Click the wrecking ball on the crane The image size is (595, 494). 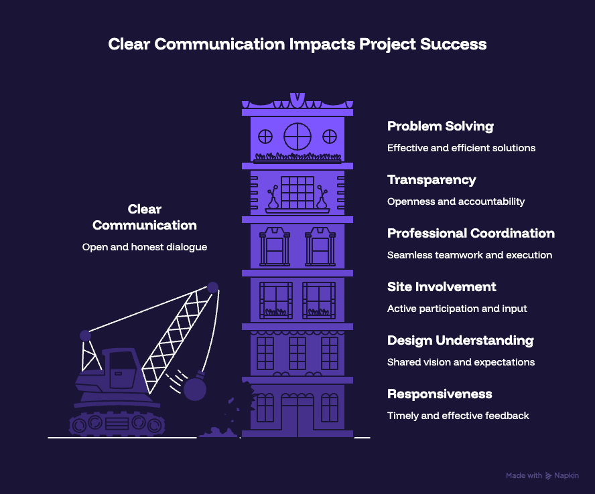pos(195,388)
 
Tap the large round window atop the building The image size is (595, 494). pos(297,137)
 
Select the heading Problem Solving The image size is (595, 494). pos(440,127)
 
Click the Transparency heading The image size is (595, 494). pos(432,179)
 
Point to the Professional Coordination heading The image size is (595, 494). pos(471,233)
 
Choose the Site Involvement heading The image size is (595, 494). pos(442,286)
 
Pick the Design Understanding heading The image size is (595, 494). pos(460,341)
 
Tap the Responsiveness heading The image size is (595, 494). pos(440,394)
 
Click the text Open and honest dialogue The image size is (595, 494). pos(145,247)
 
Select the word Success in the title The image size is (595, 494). pos(453,44)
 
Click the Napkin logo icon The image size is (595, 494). pos(548,476)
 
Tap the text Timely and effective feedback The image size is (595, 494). pos(458,416)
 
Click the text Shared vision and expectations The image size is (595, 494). pos(461,362)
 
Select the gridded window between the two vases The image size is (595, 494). pos(297,192)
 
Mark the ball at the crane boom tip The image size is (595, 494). pos(213,287)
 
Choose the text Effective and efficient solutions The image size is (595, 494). pos(461,148)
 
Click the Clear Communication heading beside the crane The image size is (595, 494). pos(145,218)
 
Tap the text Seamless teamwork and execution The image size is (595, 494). pos(470,255)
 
